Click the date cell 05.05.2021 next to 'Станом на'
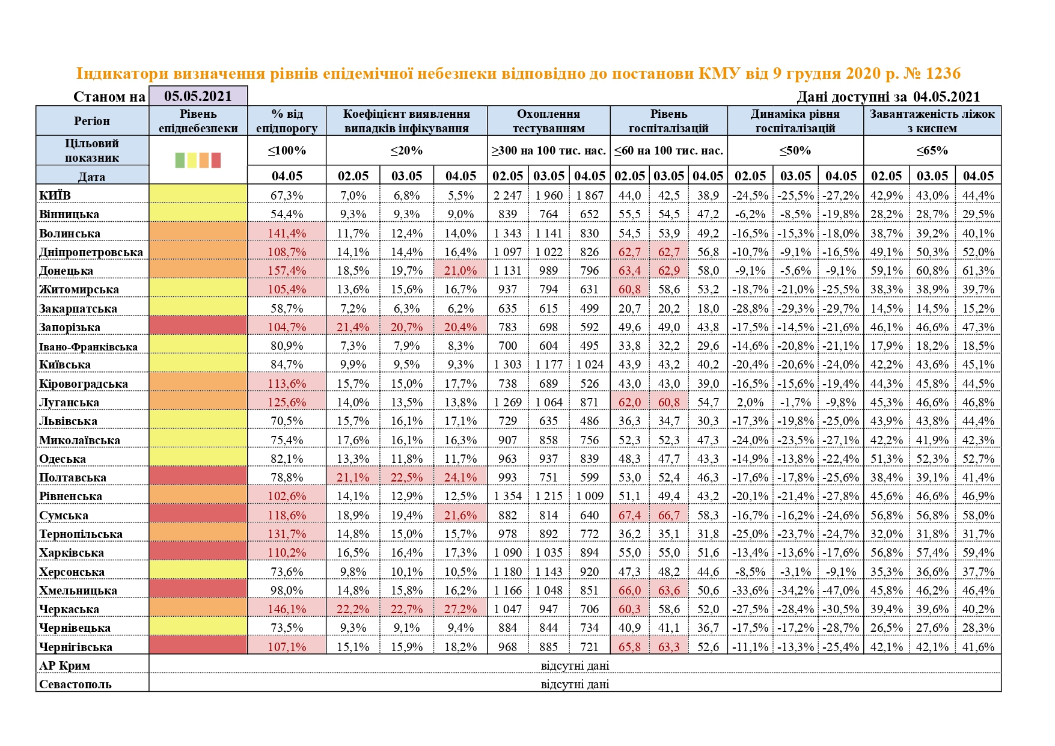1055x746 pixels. pyautogui.click(x=198, y=96)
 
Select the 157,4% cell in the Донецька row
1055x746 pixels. pyautogui.click(x=287, y=271)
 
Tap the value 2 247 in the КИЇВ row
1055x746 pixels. pyautogui.click(x=508, y=195)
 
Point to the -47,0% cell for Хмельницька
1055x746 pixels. pyautogui.click(x=840, y=590)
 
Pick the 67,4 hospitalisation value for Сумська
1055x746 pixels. pyautogui.click(x=629, y=515)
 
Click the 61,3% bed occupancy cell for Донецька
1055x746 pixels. pyautogui.click(x=978, y=271)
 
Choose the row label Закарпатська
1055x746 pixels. pyautogui.click(x=78, y=308)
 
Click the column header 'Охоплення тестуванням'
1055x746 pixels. pyautogui.click(x=548, y=121)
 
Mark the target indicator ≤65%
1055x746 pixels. pyautogui.click(x=932, y=150)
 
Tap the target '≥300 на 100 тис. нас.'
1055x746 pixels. pyautogui.click(x=548, y=150)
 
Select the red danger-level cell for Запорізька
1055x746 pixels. pyautogui.click(x=198, y=327)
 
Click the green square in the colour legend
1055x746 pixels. pyautogui.click(x=180, y=160)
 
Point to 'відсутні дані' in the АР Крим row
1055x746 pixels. pyautogui.click(x=575, y=665)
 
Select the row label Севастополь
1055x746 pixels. pyautogui.click(x=75, y=684)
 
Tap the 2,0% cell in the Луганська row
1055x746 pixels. pyautogui.click(x=750, y=402)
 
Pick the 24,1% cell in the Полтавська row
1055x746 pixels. pyautogui.click(x=460, y=477)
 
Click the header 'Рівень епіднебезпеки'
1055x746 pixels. pyautogui.click(x=198, y=121)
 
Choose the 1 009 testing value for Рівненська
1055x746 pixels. pyautogui.click(x=589, y=496)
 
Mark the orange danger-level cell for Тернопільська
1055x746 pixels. pyautogui.click(x=198, y=534)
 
